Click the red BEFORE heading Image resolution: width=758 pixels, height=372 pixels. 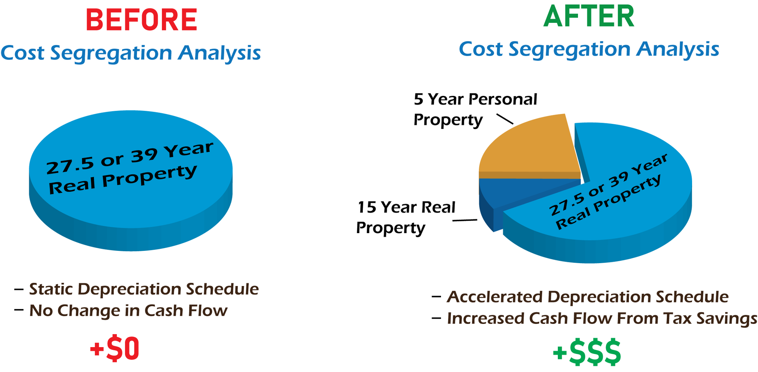pyautogui.click(x=141, y=20)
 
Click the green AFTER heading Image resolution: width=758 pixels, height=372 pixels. pyautogui.click(x=589, y=17)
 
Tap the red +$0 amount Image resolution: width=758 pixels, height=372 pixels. pyautogui.click(x=114, y=348)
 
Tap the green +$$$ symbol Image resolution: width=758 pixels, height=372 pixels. pyautogui.click(x=587, y=351)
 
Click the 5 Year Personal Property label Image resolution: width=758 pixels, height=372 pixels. pyautogui.click(x=475, y=110)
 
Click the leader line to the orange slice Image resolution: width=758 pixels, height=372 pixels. pyautogui.click(x=505, y=119)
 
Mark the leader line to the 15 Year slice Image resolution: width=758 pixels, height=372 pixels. pyautogui.click(x=465, y=220)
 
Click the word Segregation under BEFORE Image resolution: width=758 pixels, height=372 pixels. pyautogui.click(x=111, y=53)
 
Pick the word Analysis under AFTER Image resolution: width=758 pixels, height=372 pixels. pyautogui.click(x=678, y=50)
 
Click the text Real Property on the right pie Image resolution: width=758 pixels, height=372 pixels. pyautogui.click(x=608, y=202)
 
